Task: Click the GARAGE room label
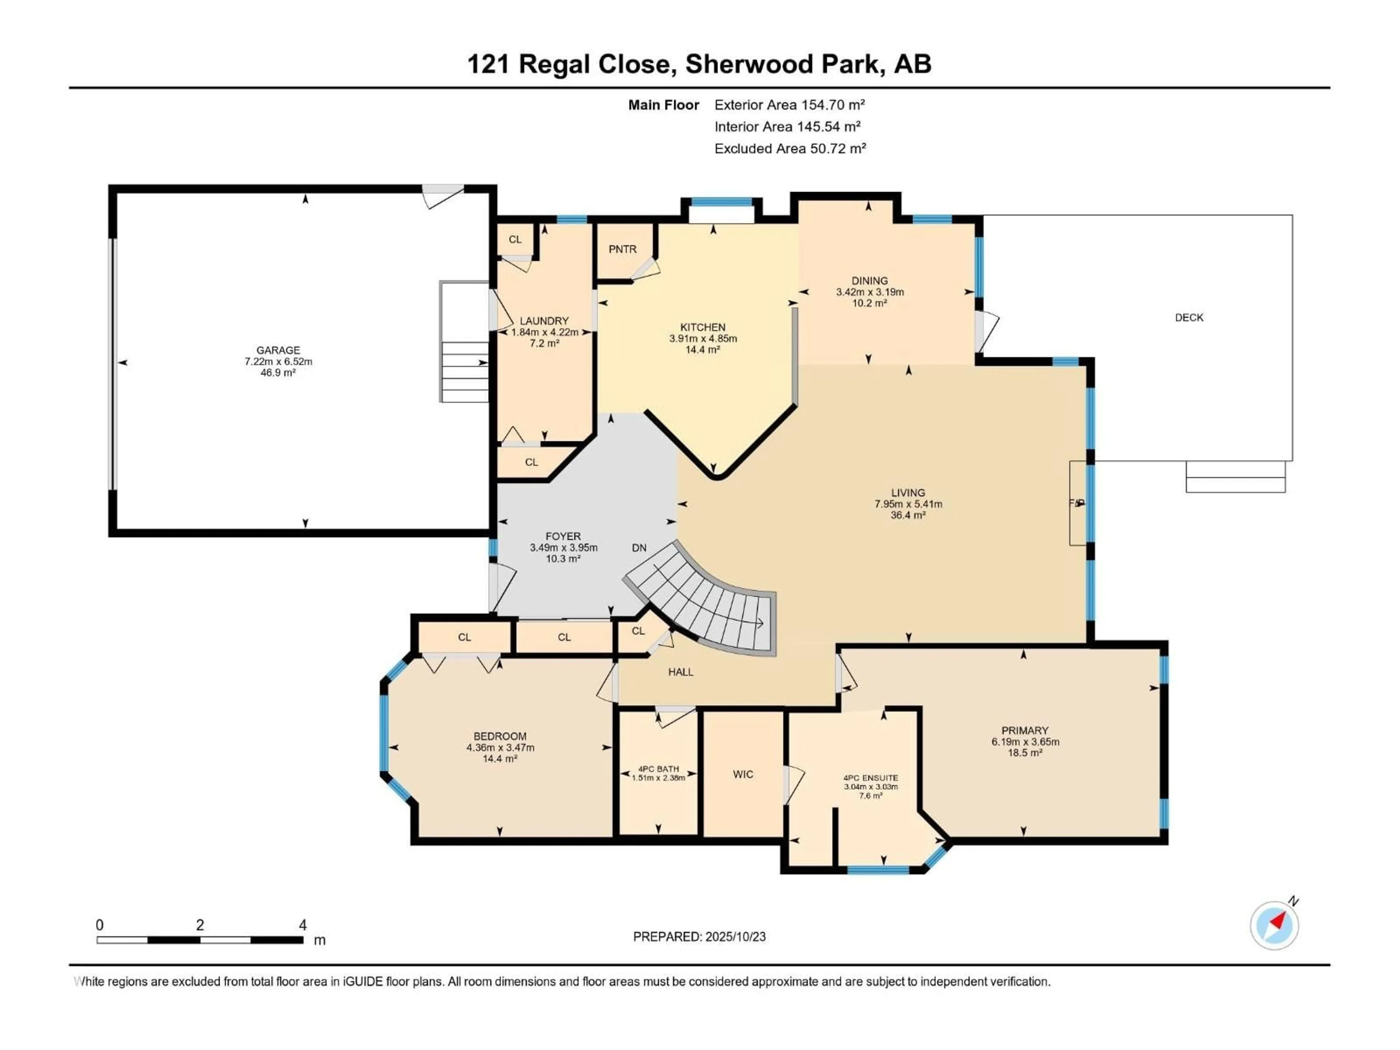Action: (278, 350)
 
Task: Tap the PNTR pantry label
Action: (622, 249)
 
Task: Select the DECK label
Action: (1189, 318)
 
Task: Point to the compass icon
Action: (1274, 925)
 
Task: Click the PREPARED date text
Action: (699, 937)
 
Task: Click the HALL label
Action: (680, 672)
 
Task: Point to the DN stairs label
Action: (639, 548)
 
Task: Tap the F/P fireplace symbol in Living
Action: (1077, 502)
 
